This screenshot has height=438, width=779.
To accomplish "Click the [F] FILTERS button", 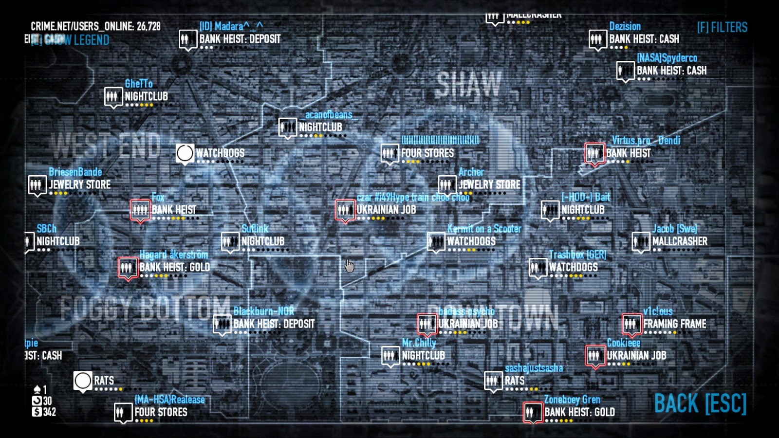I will [x=722, y=27].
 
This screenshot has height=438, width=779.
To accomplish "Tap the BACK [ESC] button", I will [x=700, y=403].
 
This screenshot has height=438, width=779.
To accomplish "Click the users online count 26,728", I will [x=148, y=26].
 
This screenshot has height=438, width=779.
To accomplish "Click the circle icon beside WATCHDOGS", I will [x=185, y=153].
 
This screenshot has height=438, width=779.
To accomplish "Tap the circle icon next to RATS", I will [x=83, y=381].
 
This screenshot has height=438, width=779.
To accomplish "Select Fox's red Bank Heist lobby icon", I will [x=140, y=210].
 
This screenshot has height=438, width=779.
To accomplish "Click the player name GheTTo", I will [x=139, y=84].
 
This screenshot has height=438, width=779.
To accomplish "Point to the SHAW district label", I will [x=468, y=84].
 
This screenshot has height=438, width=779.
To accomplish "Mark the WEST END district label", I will [x=106, y=145].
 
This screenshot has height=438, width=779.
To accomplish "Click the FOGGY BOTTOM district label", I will [x=145, y=308].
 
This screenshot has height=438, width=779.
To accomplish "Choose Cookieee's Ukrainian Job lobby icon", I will [x=594, y=356].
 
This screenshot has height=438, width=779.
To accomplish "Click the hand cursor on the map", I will [x=349, y=266].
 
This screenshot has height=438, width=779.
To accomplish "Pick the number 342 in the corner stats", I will [x=49, y=412].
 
